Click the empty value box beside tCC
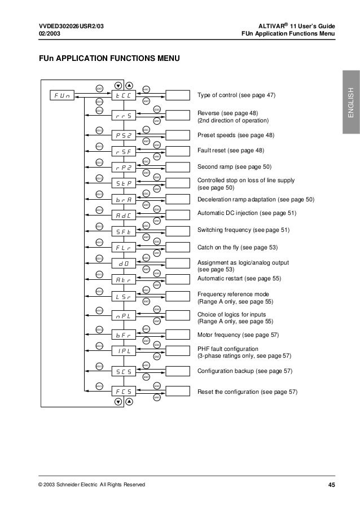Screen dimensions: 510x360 click(x=174, y=95)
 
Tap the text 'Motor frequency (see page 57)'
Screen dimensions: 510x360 click(x=238, y=335)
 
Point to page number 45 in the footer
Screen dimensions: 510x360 click(x=332, y=485)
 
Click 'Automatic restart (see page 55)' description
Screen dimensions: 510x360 click(x=239, y=279)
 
